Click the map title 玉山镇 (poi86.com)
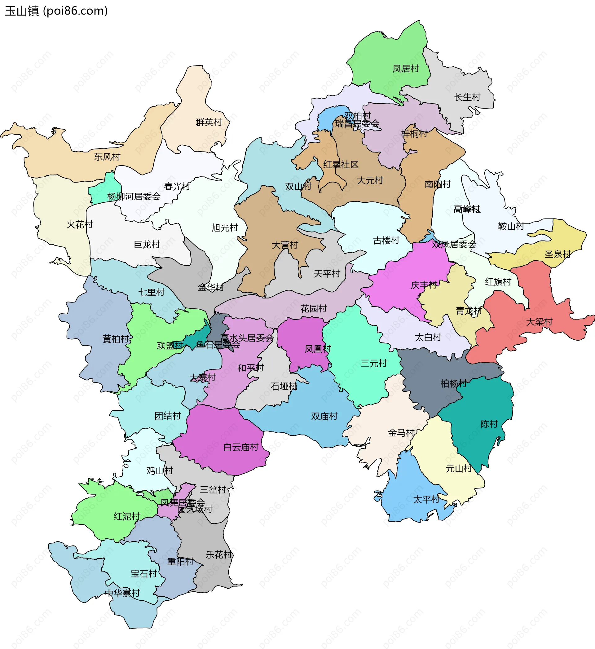pyautogui.click(x=56, y=11)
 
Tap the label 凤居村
pyautogui.click(x=406, y=68)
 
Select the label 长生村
pyautogui.click(x=467, y=97)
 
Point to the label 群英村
pyautogui.click(x=209, y=122)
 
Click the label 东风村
pyautogui.click(x=107, y=157)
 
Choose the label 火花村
pyautogui.click(x=80, y=224)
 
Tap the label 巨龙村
pyautogui.click(x=147, y=245)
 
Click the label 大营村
pyautogui.click(x=284, y=245)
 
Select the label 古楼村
pyautogui.click(x=386, y=241)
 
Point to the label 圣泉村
pyautogui.click(x=558, y=254)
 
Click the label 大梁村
pyautogui.click(x=539, y=322)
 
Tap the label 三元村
pyautogui.click(x=373, y=364)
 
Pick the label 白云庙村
pyautogui.click(x=241, y=447)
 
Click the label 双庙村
pyautogui.click(x=324, y=417)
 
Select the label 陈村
pyautogui.click(x=489, y=424)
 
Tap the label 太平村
pyautogui.click(x=426, y=500)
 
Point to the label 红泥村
pyautogui.click(x=127, y=517)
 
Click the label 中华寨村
pyautogui.click(x=122, y=593)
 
